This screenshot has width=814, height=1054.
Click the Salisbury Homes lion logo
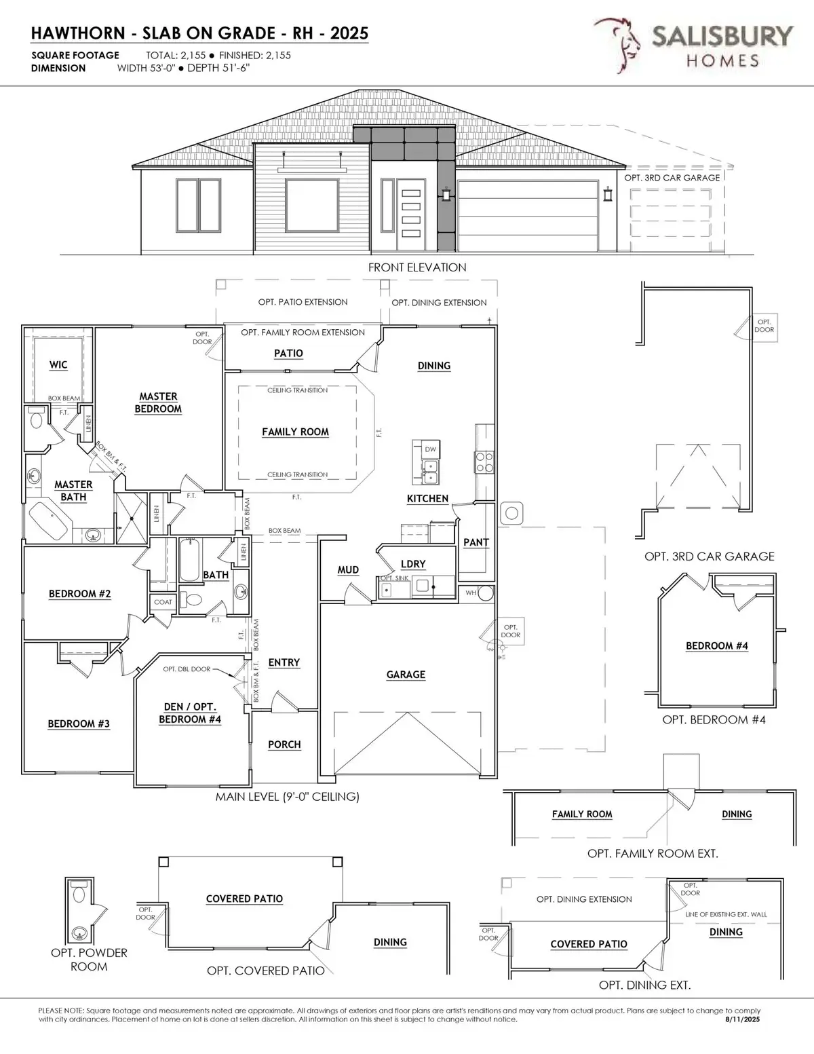618,45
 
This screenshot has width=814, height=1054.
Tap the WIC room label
58,365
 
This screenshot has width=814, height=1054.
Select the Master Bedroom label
158,402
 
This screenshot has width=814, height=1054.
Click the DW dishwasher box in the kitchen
430,449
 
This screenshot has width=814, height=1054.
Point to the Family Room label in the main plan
295,432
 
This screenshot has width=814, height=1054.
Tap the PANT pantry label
476,542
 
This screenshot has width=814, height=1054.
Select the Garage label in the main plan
406,675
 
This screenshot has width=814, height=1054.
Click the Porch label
284,745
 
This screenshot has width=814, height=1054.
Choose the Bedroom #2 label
79,594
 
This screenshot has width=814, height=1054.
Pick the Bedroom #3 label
79,724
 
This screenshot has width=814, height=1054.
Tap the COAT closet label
163,602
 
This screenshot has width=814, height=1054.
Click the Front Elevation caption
417,267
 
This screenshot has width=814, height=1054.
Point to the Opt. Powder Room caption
89,960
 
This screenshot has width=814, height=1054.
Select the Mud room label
348,570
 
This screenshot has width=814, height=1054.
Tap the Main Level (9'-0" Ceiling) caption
287,797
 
